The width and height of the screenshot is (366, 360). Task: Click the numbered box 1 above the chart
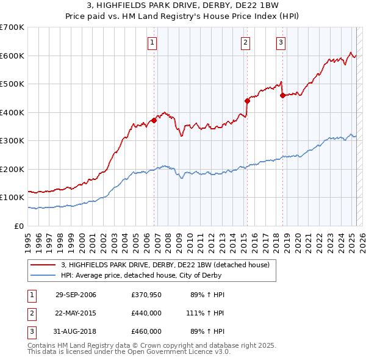(151, 42)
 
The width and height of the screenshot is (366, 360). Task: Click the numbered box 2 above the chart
(245, 42)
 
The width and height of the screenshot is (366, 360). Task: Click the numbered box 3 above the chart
(281, 42)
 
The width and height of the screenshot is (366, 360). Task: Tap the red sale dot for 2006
(154, 120)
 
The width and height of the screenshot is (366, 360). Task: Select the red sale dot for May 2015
(247, 101)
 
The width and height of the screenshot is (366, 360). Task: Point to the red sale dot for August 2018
(282, 95)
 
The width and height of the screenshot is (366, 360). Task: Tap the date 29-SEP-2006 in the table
(76, 295)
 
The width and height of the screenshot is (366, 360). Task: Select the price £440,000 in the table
(146, 313)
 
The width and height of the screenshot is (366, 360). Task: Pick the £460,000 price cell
(146, 331)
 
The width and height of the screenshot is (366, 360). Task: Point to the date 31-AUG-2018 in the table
(76, 331)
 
